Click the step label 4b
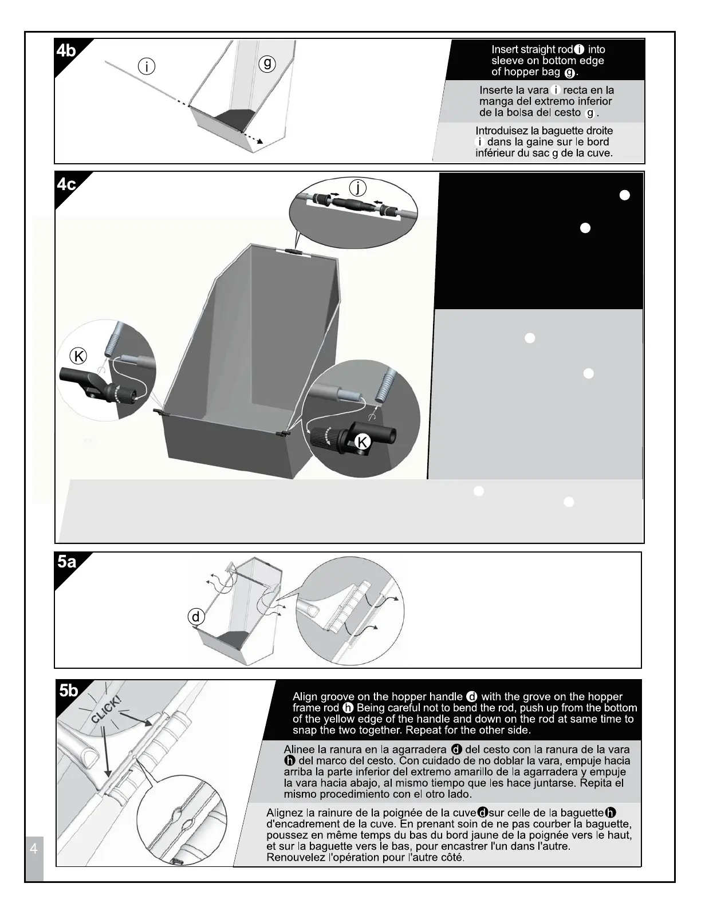pos(66,50)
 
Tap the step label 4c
pos(66,184)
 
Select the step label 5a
pos(66,562)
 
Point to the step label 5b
pos(68,691)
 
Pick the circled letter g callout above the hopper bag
pos(267,64)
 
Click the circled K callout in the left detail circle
pos(78,356)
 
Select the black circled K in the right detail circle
pos(362,441)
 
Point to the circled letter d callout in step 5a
pos(196,617)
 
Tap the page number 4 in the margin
pos(33,849)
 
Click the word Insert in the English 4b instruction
pos(504,50)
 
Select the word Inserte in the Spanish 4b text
pos(497,90)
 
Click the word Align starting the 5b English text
pos(305,697)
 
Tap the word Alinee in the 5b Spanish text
pos(301,750)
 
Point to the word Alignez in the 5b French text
pos(285,813)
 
